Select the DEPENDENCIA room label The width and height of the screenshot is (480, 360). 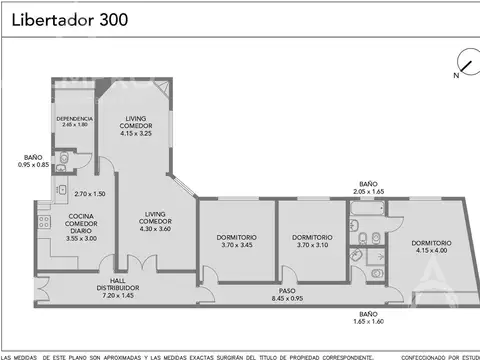pos(74,120)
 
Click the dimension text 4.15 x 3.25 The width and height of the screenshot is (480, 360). pos(135,133)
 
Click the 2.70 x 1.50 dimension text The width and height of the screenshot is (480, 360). pos(90,193)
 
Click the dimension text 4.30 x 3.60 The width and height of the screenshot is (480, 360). pos(155,227)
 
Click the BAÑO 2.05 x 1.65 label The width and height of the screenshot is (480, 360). pos(368,188)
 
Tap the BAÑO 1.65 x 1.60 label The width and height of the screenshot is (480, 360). pos(368,319)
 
